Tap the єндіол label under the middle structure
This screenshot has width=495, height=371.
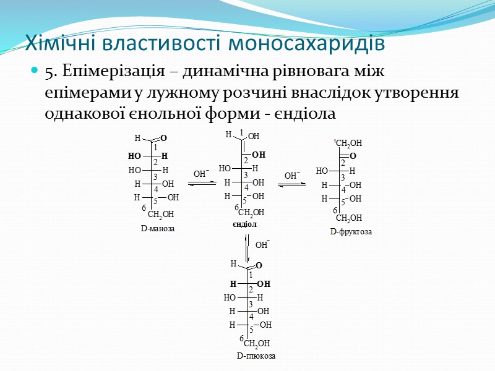(244, 224)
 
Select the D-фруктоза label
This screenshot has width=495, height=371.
(351, 232)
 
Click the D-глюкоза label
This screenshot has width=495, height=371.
(256, 356)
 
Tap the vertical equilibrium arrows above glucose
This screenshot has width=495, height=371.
(247, 247)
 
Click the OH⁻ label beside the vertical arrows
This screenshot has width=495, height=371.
(262, 245)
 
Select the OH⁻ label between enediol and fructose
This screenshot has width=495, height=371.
(292, 176)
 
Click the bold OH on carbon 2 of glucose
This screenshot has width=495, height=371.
(264, 284)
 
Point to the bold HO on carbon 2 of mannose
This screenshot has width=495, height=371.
(134, 156)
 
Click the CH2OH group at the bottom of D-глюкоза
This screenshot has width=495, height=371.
(257, 343)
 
